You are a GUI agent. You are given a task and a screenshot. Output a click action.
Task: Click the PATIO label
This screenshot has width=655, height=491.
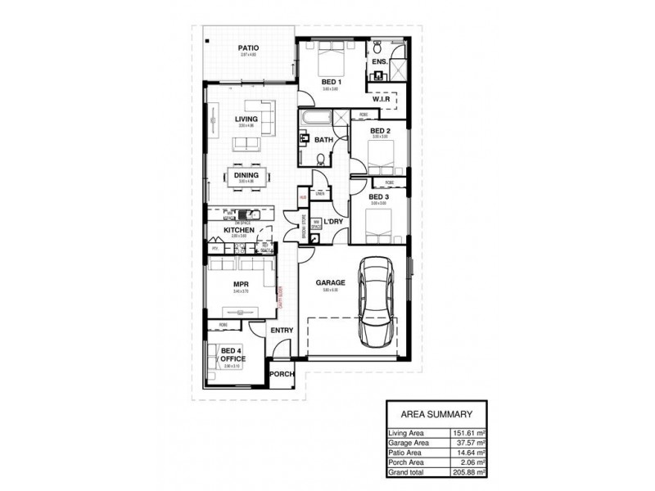[248, 48]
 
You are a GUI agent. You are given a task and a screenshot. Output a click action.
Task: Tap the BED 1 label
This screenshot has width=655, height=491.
[331, 83]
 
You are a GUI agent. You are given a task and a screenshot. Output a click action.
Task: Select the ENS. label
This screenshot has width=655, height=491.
[379, 62]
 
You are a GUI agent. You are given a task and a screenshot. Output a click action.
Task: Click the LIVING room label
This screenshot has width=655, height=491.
[246, 119]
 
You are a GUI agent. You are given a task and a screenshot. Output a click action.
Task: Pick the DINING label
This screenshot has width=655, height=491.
[246, 175]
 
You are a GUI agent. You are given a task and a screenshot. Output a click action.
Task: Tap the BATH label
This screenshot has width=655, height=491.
[324, 140]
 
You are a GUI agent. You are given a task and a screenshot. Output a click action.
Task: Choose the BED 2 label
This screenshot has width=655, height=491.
[379, 131]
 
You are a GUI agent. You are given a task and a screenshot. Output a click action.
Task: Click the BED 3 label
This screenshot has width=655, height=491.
[377, 197]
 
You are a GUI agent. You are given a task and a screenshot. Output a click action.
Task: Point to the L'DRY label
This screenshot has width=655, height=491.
[332, 222]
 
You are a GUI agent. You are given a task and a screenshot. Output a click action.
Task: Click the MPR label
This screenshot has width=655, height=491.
[241, 286]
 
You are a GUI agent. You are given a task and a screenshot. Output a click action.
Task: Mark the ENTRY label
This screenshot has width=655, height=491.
[282, 330]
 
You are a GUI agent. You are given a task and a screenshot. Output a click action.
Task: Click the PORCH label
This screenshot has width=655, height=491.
[282, 374]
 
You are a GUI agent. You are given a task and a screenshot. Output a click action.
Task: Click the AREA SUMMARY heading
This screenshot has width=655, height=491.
[436, 414]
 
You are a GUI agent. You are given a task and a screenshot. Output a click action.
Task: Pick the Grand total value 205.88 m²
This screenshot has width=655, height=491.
[469, 472]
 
